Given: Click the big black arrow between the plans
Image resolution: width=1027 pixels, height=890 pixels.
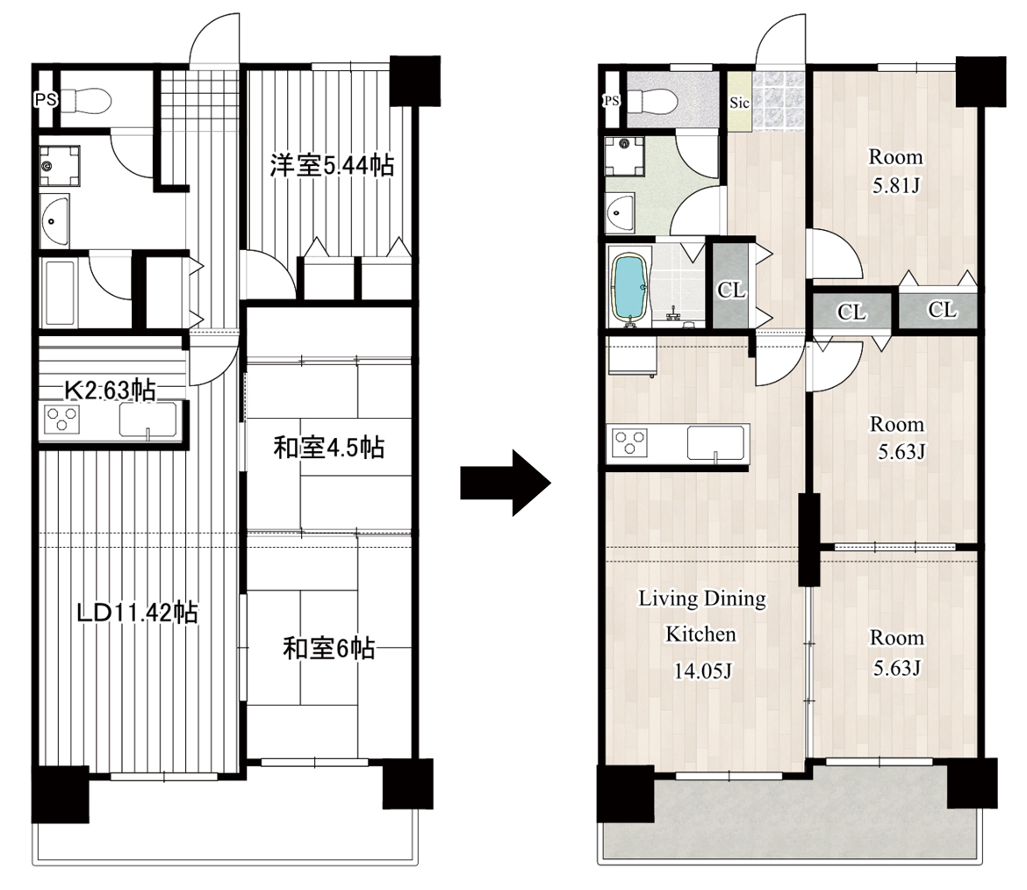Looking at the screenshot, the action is pos(505,484).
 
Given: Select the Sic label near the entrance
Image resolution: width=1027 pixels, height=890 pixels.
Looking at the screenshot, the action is pos(739,103).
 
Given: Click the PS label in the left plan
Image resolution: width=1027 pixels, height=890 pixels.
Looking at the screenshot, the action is pos(46,100).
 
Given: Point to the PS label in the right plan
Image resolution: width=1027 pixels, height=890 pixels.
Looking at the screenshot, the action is pos(611,101).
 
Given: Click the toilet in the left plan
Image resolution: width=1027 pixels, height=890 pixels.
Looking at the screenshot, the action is pos(86,101).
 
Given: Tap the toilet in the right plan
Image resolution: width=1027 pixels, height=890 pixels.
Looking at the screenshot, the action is pos(651,101).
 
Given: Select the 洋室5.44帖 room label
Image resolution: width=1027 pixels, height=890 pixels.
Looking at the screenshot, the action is pos(333,165).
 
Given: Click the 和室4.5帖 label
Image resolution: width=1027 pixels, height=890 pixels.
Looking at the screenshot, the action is pos(329,448).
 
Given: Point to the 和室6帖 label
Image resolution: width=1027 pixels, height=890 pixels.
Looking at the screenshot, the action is pos(329,649).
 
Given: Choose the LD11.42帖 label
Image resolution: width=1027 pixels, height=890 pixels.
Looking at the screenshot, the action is pos(138,613).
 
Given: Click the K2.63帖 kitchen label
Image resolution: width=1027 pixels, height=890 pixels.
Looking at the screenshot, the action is pos(110,391).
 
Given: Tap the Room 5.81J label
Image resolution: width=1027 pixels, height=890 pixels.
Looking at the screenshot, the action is pos(896,171).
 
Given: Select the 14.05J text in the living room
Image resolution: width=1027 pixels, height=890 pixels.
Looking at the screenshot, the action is pos(703,671).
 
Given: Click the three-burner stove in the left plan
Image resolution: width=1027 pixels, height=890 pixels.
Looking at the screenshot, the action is pos(62,420).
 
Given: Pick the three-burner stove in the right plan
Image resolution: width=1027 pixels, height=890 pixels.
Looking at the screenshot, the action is pos(629,442).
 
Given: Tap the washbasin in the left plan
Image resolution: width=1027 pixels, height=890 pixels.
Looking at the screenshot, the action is pos(54,219).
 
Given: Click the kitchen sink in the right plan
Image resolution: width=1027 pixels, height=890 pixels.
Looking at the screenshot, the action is pos(716,442).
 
